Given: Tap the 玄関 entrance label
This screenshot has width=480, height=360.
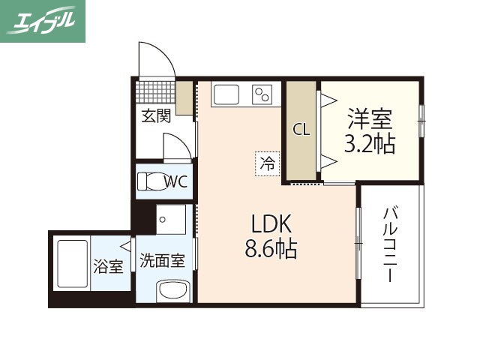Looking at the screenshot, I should (x=157, y=115).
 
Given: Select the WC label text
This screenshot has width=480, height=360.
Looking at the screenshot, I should (x=175, y=181).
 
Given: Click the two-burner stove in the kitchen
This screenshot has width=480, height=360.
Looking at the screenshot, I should (x=262, y=94).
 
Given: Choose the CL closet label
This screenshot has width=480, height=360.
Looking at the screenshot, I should (x=301, y=129).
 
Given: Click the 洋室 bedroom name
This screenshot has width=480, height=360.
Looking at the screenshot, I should (x=370, y=118).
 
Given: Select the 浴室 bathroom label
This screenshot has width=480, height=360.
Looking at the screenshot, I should (x=109, y=265).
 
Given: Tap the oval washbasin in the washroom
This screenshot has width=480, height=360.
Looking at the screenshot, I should (x=172, y=290).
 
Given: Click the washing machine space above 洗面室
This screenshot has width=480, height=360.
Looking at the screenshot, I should (x=169, y=220).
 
